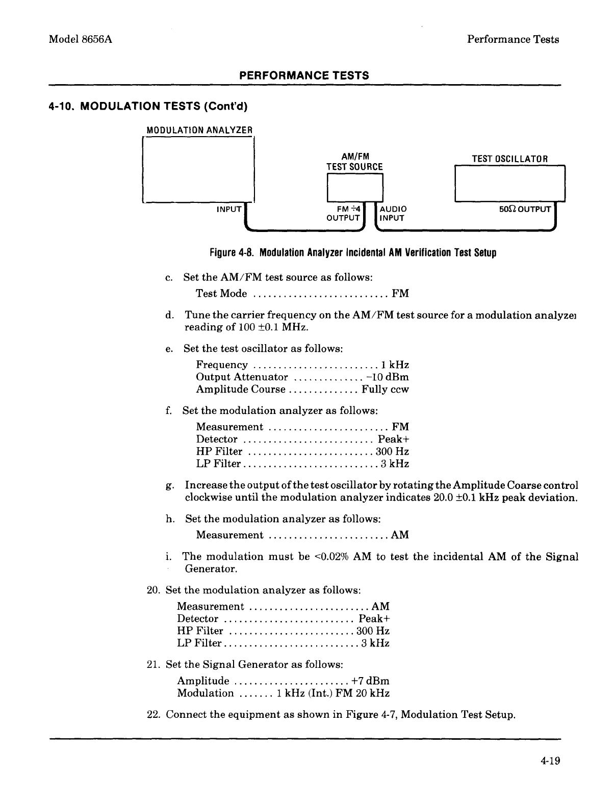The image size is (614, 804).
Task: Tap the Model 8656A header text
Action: (x=81, y=39)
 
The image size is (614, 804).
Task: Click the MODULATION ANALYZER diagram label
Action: (x=199, y=130)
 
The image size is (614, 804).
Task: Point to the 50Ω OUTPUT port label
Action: (x=525, y=209)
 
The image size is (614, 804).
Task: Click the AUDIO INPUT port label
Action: (x=393, y=214)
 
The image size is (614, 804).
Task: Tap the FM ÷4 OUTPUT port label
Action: (x=344, y=214)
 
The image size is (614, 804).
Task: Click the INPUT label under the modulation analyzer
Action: (x=229, y=209)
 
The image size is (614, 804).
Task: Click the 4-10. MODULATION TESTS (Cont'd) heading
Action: (x=148, y=107)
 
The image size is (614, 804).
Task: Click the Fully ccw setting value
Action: (x=385, y=390)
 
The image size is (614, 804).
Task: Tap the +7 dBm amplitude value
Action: (x=370, y=681)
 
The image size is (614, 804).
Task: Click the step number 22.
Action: (x=153, y=714)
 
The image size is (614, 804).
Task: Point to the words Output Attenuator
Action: (x=242, y=377)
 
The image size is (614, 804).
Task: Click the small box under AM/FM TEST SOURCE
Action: (x=354, y=188)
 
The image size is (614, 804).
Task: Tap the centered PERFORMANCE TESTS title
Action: (x=304, y=75)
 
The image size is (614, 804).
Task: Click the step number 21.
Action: (x=153, y=665)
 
